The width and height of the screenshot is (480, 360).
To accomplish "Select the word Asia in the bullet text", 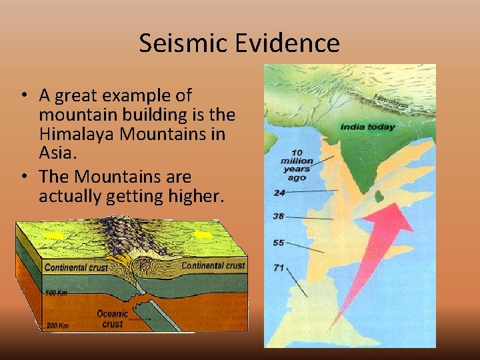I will pyautogui.click(x=57, y=153).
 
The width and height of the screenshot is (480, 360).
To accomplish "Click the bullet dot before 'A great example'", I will pyautogui.click(x=23, y=96).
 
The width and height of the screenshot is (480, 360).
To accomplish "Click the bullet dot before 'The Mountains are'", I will pyautogui.click(x=23, y=177).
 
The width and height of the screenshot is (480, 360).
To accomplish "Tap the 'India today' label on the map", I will pyautogui.click(x=367, y=127).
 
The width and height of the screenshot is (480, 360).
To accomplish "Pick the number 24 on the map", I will pyautogui.click(x=279, y=193).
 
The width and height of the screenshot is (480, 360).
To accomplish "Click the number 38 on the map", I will pyautogui.click(x=279, y=216).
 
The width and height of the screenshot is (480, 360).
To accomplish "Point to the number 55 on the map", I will pyautogui.click(x=279, y=243).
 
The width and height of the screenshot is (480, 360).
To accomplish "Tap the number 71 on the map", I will pyautogui.click(x=279, y=268).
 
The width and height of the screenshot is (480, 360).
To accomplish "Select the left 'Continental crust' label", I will pyautogui.click(x=75, y=268).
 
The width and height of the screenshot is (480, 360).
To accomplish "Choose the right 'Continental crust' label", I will pyautogui.click(x=213, y=265).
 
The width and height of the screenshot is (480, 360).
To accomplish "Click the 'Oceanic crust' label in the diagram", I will pyautogui.click(x=112, y=319).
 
